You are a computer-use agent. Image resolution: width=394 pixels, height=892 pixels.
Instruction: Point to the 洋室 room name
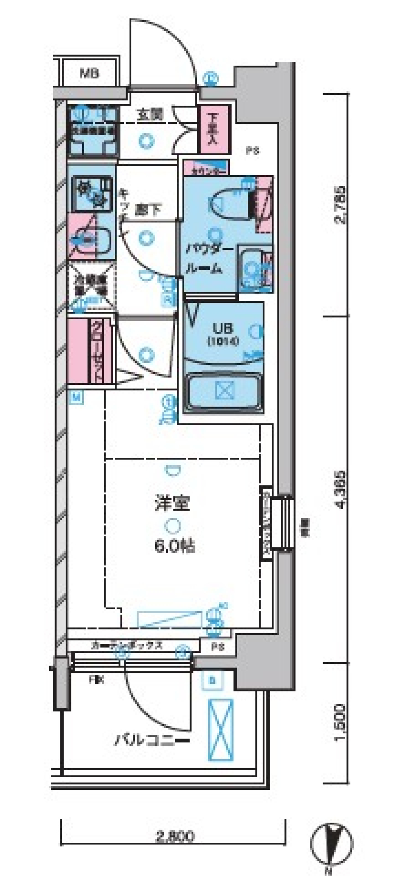coord(172,502)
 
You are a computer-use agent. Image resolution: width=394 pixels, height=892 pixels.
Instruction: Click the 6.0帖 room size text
coord(174,546)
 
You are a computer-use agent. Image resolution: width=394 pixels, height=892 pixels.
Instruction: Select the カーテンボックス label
coord(127,646)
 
